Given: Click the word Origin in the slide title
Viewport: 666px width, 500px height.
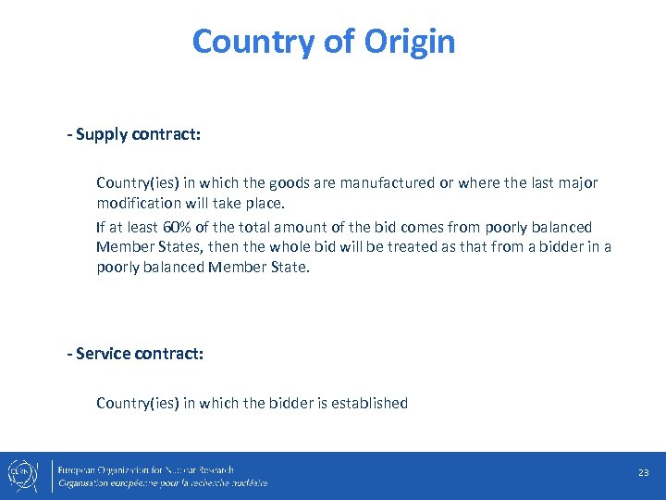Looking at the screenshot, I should point(410,42).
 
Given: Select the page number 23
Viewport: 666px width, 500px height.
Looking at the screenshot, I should point(644,473).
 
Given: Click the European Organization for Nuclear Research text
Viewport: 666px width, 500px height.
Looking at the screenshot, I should point(146,469).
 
